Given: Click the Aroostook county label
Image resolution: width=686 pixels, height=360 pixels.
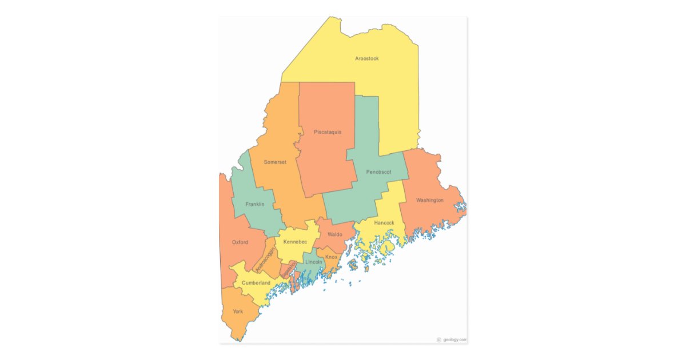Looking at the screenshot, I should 366,59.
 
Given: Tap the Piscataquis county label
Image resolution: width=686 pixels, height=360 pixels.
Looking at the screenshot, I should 328,132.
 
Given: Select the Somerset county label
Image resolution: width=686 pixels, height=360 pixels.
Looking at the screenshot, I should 274,162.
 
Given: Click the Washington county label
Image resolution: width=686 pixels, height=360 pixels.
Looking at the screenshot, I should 429,201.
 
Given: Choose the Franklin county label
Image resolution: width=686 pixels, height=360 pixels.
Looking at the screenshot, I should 254,205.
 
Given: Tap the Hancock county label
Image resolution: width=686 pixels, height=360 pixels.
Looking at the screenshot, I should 384,223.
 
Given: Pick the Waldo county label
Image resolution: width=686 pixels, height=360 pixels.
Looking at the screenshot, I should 335,234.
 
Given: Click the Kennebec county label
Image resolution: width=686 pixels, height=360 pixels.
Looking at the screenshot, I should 295,242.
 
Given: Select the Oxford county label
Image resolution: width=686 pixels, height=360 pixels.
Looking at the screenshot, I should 240,242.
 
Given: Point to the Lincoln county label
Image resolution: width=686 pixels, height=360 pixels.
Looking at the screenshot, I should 314,262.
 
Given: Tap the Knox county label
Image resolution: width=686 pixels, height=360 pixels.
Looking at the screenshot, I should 332,257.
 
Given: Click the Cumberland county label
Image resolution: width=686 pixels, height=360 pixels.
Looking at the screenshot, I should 256,283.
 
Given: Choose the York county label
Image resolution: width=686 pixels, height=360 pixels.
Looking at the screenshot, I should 238,311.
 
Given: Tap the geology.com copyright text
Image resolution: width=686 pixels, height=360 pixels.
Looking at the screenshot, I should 455,339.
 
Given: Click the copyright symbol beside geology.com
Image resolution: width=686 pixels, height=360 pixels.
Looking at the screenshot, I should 439,339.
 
